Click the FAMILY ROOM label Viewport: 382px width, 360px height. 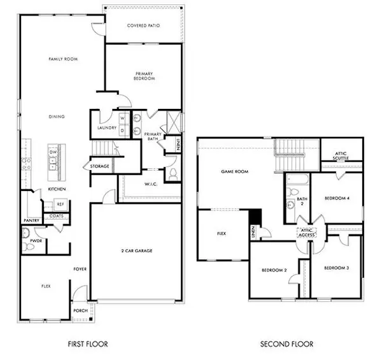tap(62, 59)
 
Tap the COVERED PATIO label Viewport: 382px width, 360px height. tap(143, 25)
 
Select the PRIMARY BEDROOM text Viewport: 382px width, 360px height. tap(143, 76)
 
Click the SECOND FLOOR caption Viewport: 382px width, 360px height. tap(287, 345)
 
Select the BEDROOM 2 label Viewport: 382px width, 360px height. tap(274, 271)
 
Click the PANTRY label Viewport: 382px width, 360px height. tap(32, 220)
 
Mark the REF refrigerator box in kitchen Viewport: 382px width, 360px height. tap(60, 204)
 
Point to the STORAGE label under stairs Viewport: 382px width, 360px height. tap(101, 166)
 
